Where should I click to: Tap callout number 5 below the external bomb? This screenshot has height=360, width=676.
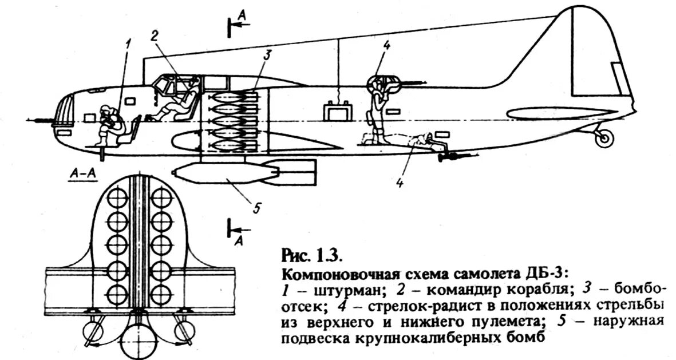256,208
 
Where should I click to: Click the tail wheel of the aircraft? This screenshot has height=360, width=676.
603,137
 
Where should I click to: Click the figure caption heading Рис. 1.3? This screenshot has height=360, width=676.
312,254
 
